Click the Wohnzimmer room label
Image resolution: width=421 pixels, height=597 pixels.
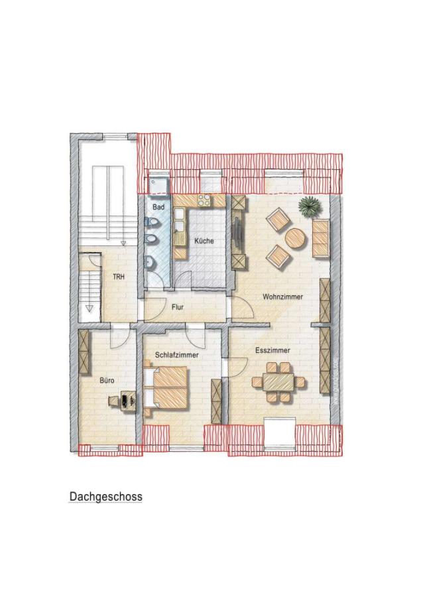(282, 297)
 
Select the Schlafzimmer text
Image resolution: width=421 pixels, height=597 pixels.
(177, 355)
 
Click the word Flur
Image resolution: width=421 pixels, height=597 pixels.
(177, 308)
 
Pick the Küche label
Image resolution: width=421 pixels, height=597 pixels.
(204, 241)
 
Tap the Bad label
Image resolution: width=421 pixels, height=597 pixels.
(158, 208)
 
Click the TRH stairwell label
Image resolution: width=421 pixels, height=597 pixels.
(119, 277)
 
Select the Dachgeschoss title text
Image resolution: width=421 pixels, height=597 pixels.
(105, 496)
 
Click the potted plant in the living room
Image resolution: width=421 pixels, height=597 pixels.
(308, 206)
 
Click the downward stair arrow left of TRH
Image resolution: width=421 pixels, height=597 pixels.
(89, 308)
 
